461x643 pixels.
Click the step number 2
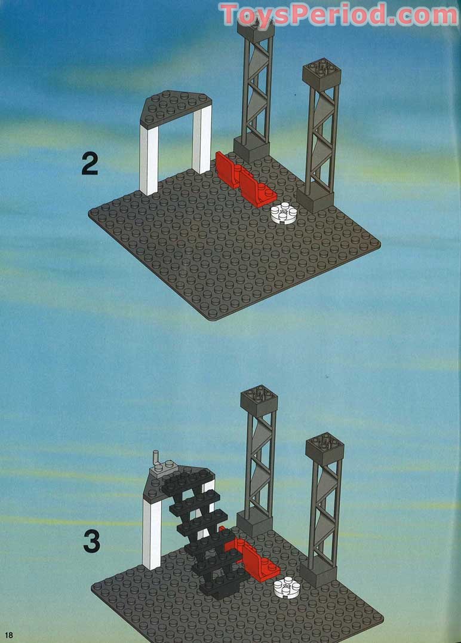point(90,163)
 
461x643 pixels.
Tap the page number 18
point(8,635)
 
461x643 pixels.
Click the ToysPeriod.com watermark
point(339,15)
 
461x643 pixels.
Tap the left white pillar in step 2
point(149,159)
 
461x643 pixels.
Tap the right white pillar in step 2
point(202,139)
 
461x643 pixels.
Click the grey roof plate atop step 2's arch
point(176,108)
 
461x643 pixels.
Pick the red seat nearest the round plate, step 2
point(257,189)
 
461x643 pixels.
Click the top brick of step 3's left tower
point(259,401)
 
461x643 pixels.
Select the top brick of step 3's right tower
point(324,449)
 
